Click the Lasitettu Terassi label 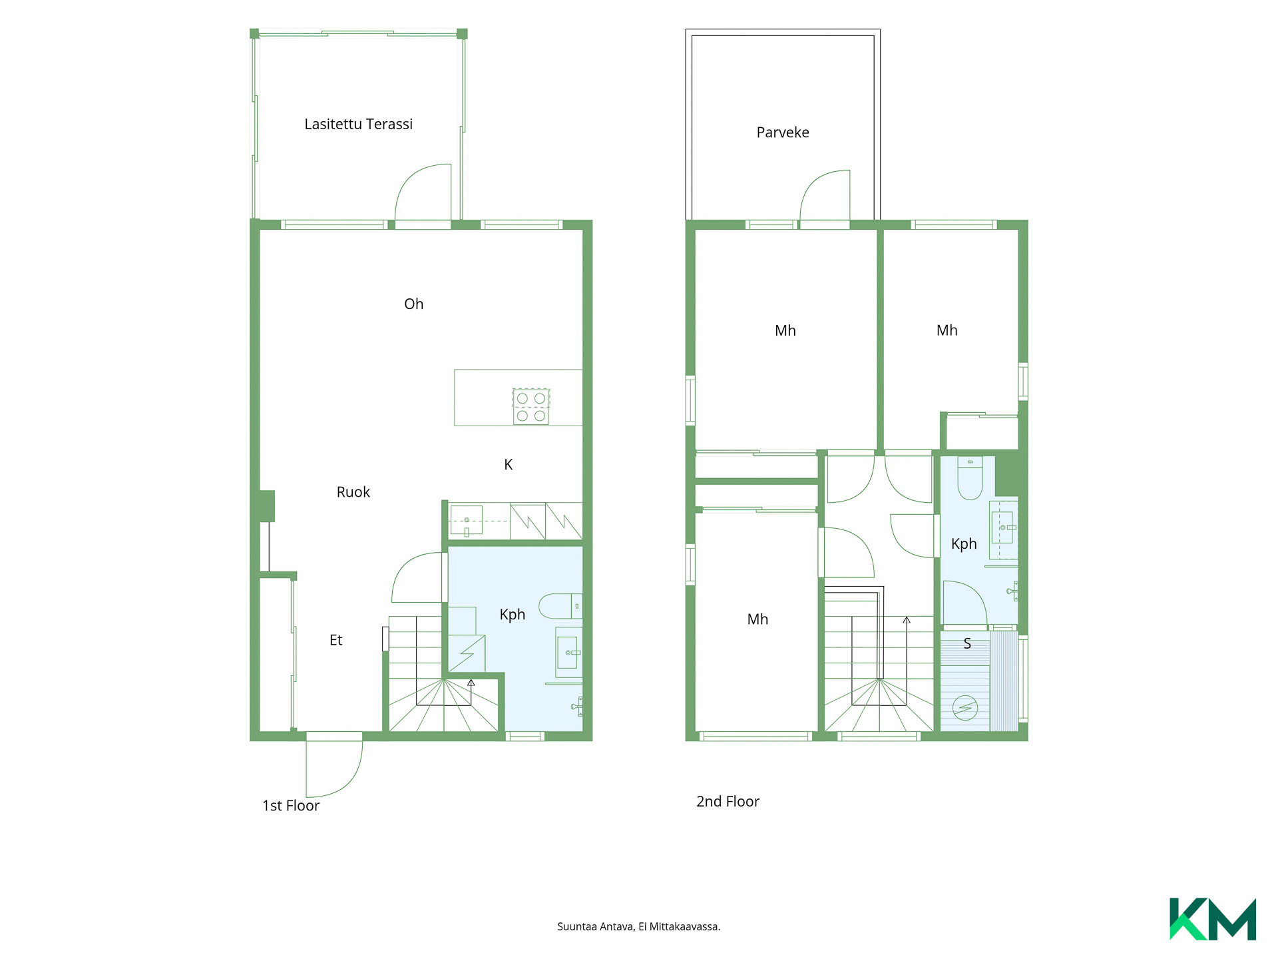coord(358,125)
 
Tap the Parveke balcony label coord(783,133)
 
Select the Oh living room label coord(413,304)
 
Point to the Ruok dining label coord(353,492)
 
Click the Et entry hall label coord(335,640)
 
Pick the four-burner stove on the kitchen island coord(531,407)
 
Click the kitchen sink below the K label coord(466,521)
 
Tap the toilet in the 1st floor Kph coord(560,606)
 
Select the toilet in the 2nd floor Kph coord(970,478)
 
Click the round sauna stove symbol coord(964,707)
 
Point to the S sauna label coord(967,644)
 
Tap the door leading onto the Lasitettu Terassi coord(423,192)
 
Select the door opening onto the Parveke coord(825,195)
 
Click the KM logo coord(1213,919)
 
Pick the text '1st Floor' coord(291,806)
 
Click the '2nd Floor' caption coord(728,802)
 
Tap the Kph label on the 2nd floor coord(964,544)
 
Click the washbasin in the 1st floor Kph coord(569,653)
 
